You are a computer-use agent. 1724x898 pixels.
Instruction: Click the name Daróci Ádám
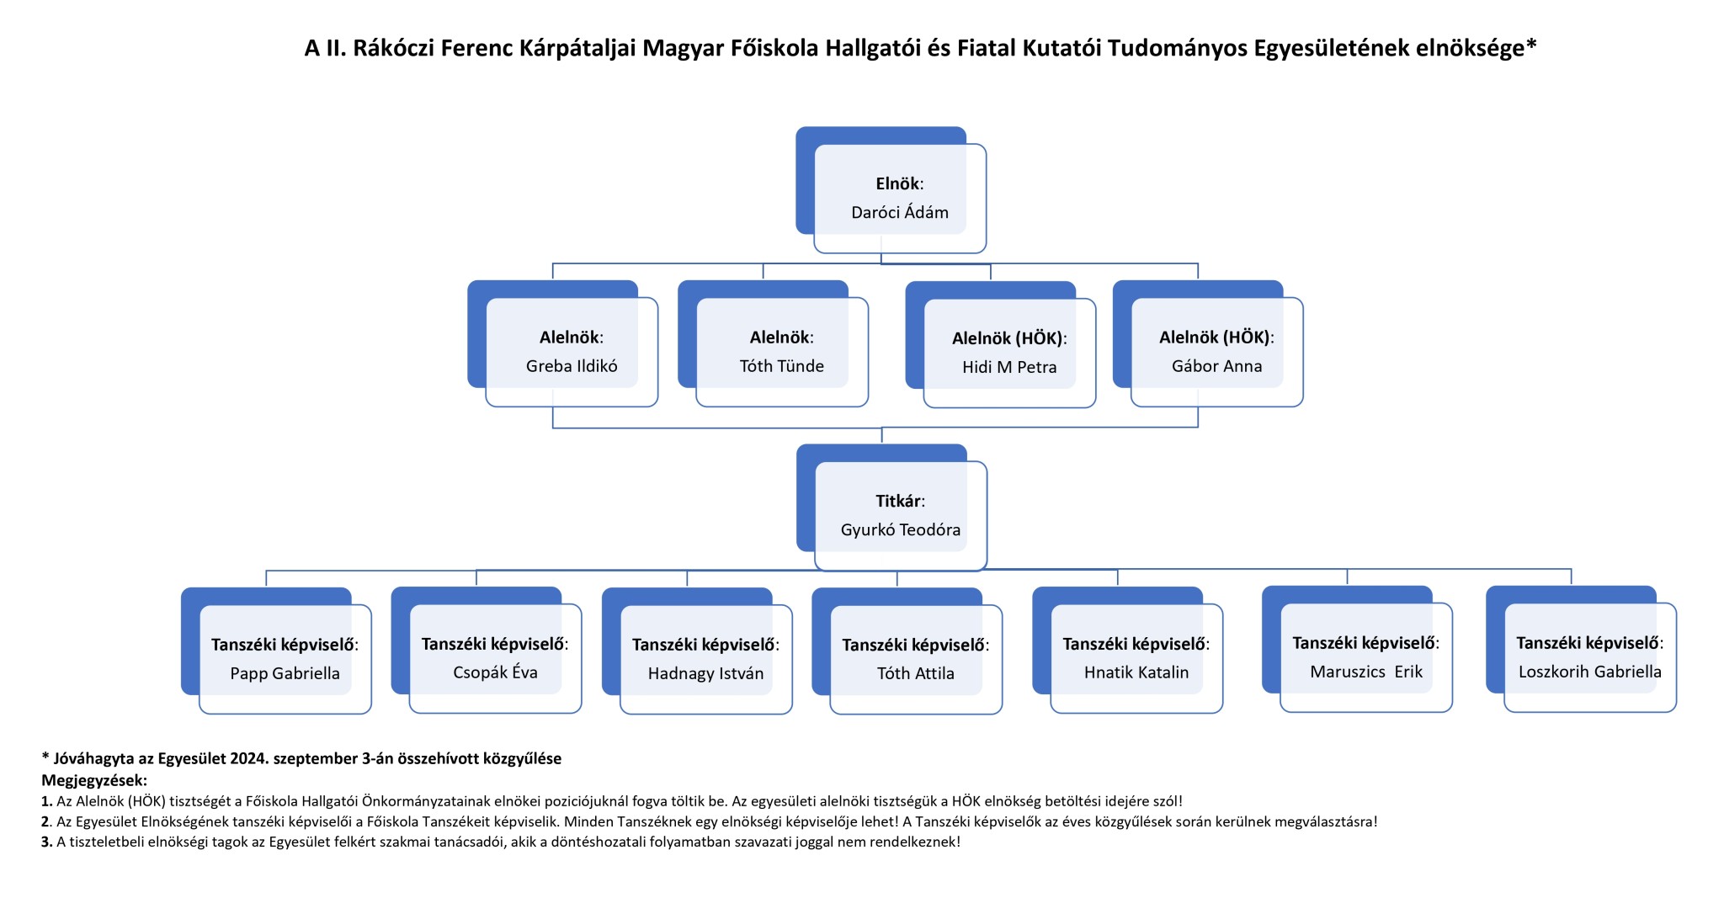pyautogui.click(x=899, y=213)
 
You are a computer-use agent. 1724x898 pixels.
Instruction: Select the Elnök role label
pyautogui.click(x=897, y=183)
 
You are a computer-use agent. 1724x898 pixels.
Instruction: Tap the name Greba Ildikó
pyautogui.click(x=572, y=366)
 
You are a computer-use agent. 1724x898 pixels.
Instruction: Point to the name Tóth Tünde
pyautogui.click(x=781, y=366)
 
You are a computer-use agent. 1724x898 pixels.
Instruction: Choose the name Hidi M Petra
pyautogui.click(x=1009, y=367)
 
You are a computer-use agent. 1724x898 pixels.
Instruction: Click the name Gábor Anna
pyautogui.click(x=1216, y=366)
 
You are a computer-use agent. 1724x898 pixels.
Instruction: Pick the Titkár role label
pyautogui.click(x=898, y=501)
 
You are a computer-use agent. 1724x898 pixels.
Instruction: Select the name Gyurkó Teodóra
pyautogui.click(x=900, y=530)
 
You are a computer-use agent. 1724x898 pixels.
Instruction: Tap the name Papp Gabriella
pyautogui.click(x=285, y=673)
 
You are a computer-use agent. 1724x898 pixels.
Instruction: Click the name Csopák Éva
pyautogui.click(x=495, y=672)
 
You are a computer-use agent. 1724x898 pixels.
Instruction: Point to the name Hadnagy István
pyautogui.click(x=705, y=673)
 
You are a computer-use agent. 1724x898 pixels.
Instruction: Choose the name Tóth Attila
pyautogui.click(x=915, y=673)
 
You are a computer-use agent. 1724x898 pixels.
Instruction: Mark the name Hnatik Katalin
pyautogui.click(x=1136, y=672)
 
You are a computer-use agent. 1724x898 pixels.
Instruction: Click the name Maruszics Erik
pyautogui.click(x=1365, y=672)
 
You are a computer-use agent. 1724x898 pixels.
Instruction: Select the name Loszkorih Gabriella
pyautogui.click(x=1589, y=672)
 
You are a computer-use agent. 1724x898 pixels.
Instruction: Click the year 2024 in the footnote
pyautogui.click(x=250, y=758)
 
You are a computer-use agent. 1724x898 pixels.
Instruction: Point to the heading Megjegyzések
pyautogui.click(x=93, y=780)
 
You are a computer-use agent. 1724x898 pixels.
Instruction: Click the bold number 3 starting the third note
pyautogui.click(x=45, y=842)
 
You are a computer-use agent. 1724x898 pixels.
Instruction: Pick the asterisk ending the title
pyautogui.click(x=1531, y=44)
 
